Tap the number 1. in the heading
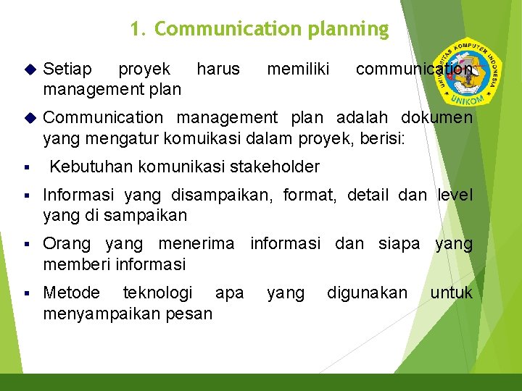click(138, 30)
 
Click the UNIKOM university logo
click(465, 73)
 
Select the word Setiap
click(67, 70)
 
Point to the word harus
click(217, 70)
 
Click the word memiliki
click(298, 70)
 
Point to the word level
click(455, 195)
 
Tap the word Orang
click(67, 245)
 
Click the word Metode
click(71, 293)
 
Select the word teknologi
click(158, 293)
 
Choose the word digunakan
click(368, 293)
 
